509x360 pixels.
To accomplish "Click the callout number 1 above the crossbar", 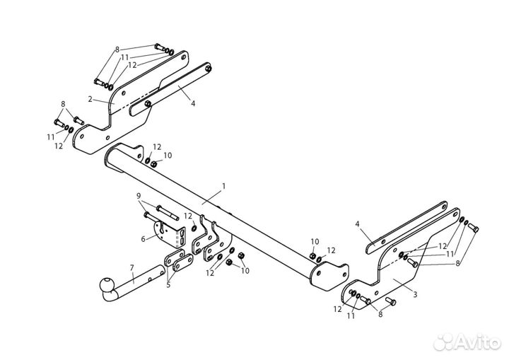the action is click(x=223, y=186).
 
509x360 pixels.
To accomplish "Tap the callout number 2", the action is click(x=90, y=99).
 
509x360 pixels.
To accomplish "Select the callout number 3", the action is click(x=415, y=295).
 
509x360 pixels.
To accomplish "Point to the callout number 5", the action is click(x=168, y=285).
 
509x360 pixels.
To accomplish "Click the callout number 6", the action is click(x=143, y=239).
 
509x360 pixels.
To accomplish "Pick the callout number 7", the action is click(x=131, y=268).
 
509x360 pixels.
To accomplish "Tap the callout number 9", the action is click(x=139, y=196).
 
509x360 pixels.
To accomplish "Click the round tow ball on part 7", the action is click(x=107, y=284).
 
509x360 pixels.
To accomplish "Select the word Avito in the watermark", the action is click(x=478, y=343).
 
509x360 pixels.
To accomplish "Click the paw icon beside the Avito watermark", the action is click(x=444, y=342).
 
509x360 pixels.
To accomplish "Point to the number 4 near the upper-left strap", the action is click(x=193, y=103).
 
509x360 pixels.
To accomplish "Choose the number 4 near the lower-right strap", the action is click(x=358, y=224).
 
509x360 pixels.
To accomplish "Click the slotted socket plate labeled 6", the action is click(x=170, y=233).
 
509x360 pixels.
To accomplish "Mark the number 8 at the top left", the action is click(x=117, y=50).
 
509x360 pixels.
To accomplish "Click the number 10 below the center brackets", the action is click(x=245, y=270).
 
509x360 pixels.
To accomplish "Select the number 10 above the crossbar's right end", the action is click(x=315, y=241).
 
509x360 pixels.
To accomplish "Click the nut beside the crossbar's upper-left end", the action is click(x=154, y=164).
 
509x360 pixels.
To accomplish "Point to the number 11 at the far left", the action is click(x=50, y=137).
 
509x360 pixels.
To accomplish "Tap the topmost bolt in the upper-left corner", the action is click(x=160, y=47).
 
